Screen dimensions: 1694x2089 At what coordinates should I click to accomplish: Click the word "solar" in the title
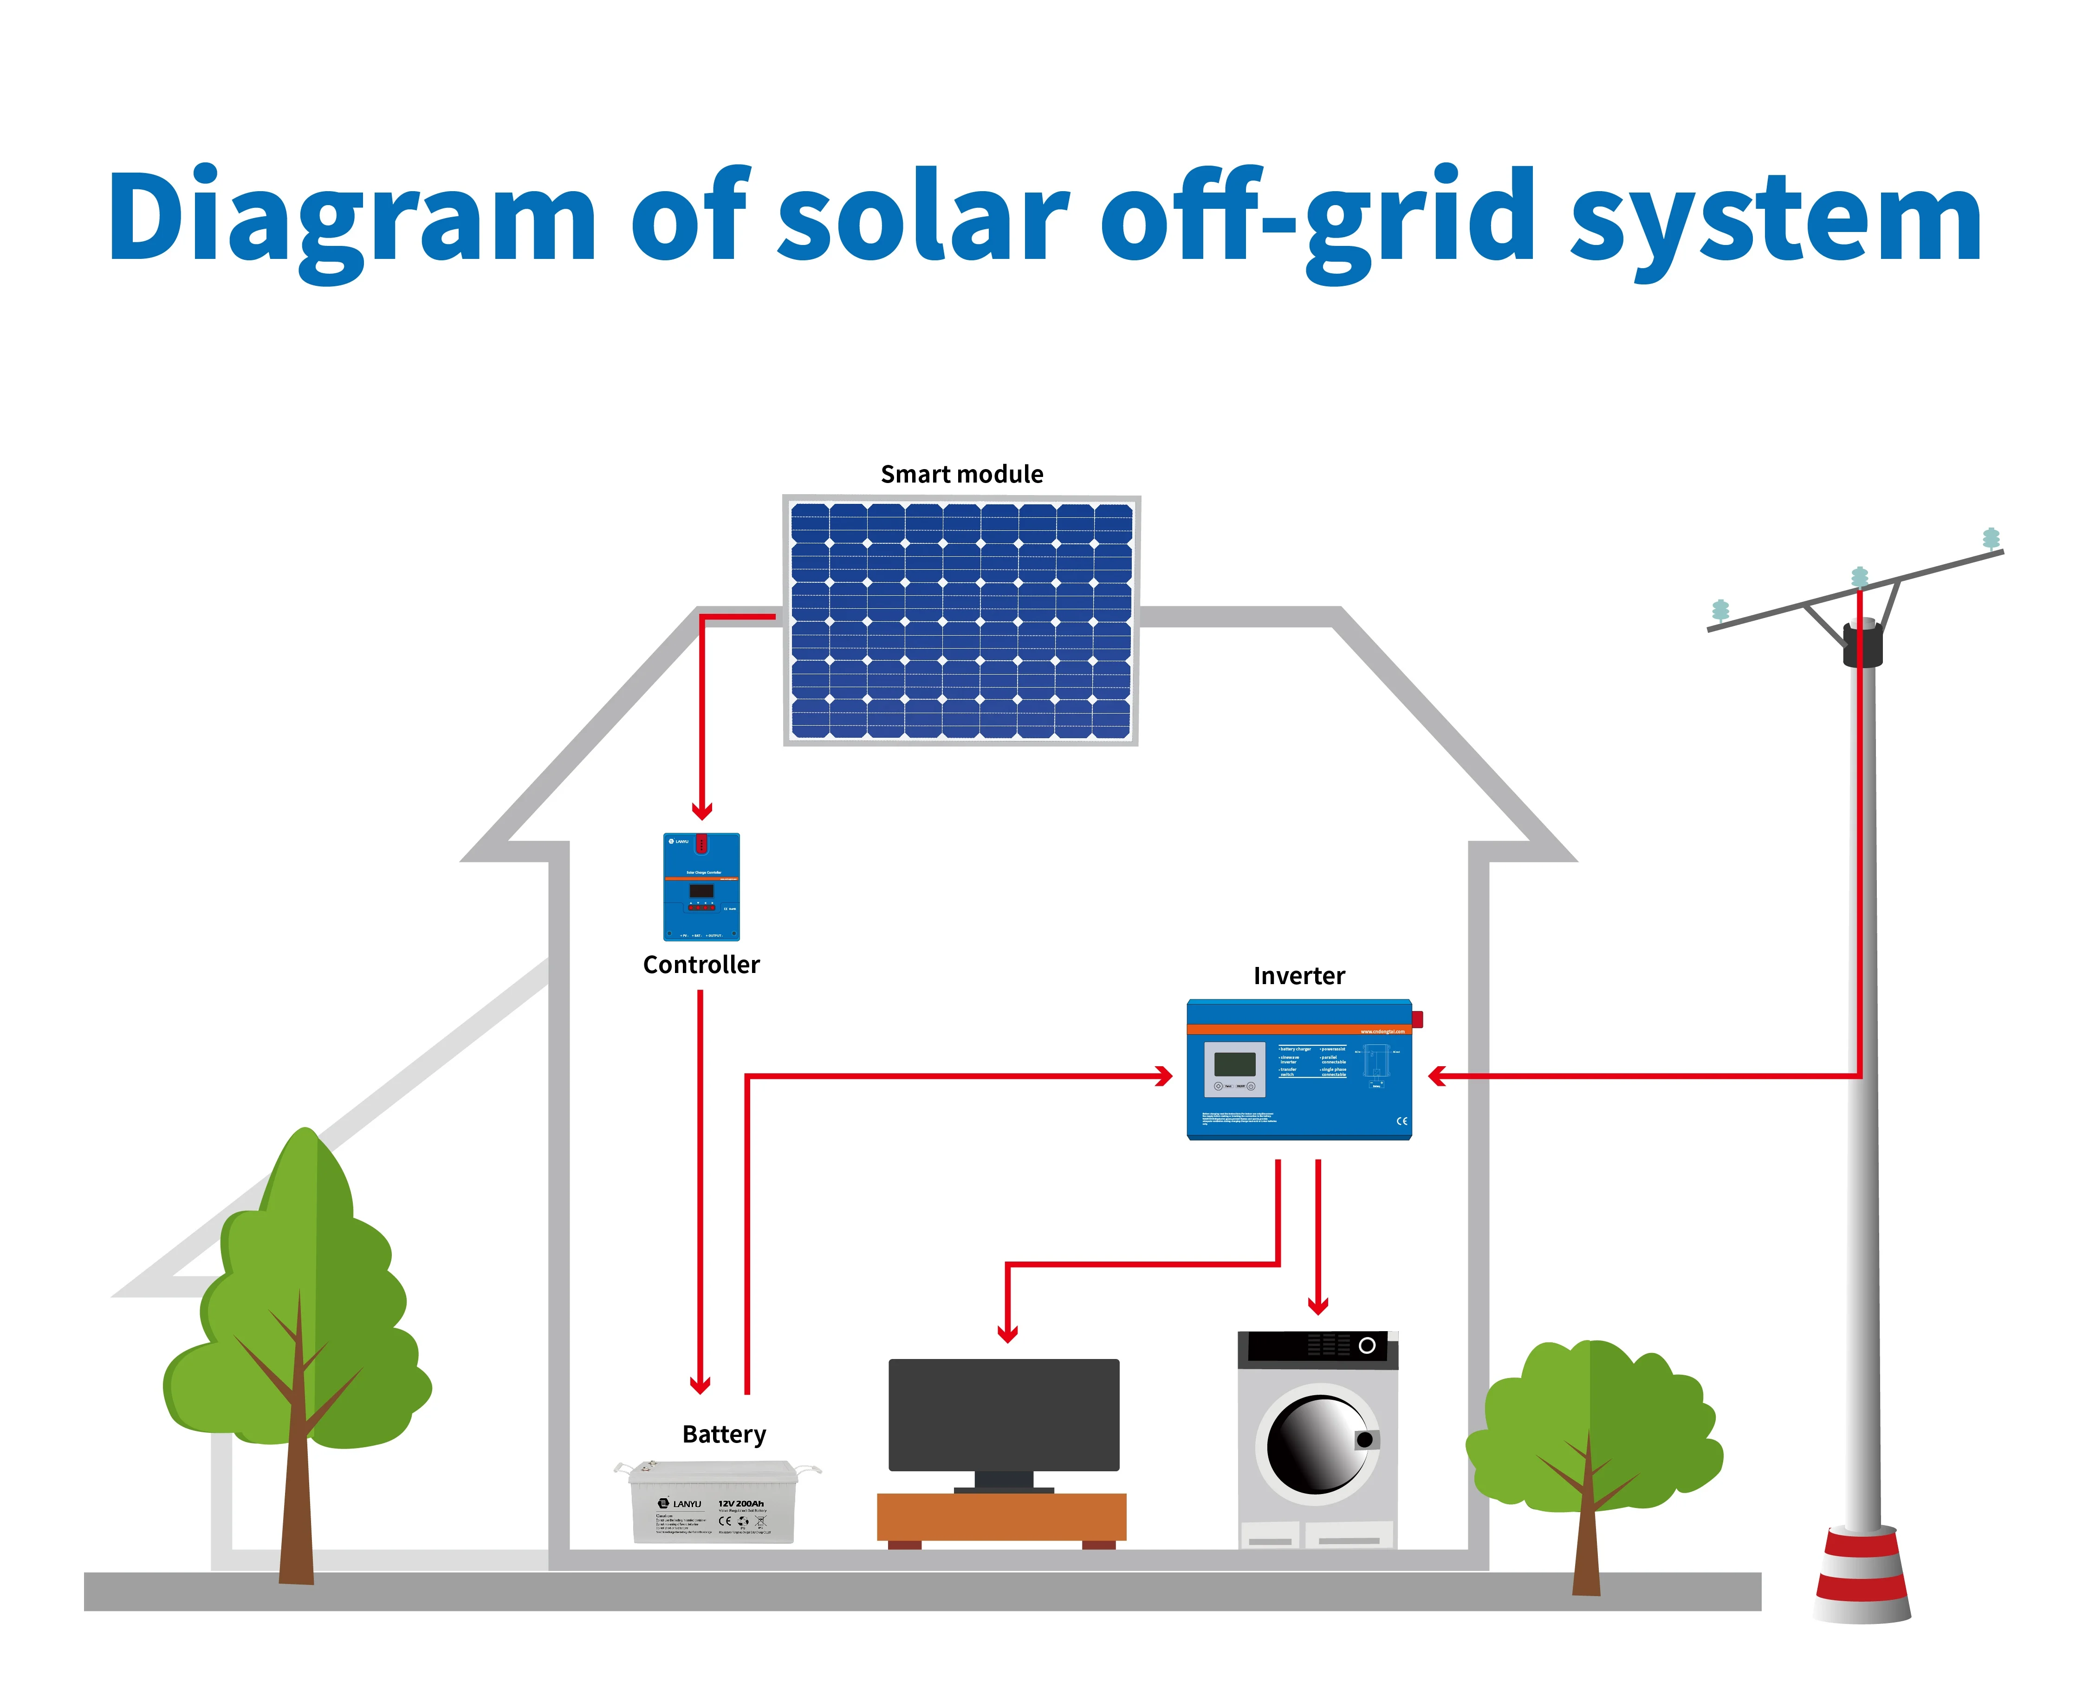click(922, 217)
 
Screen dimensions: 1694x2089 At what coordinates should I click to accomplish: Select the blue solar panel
click(961, 621)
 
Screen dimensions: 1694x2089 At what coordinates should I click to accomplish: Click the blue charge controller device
click(701, 886)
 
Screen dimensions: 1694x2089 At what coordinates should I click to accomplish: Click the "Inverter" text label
click(1298, 976)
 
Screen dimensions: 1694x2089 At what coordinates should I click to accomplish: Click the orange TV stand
click(1001, 1517)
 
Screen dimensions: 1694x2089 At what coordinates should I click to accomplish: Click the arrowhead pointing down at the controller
click(702, 810)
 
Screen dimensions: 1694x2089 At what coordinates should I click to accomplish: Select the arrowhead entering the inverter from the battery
click(1164, 1076)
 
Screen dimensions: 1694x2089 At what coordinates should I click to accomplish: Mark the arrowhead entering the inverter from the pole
click(1437, 1076)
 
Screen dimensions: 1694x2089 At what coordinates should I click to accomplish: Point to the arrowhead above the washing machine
click(1318, 1305)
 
